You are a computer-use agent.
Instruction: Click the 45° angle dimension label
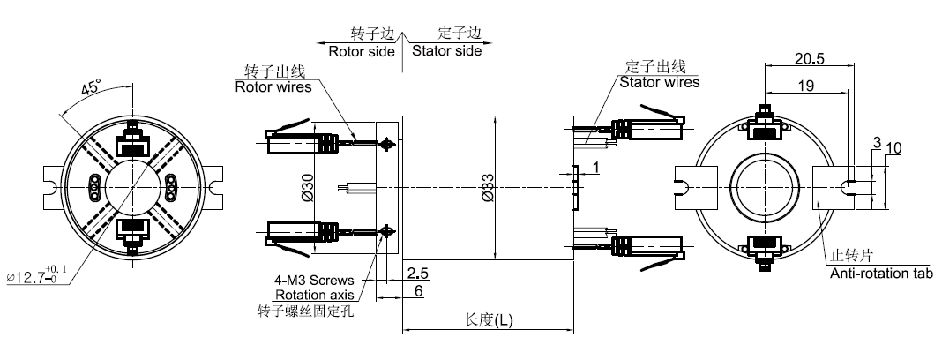(x=90, y=88)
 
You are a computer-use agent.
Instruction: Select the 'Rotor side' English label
(x=362, y=51)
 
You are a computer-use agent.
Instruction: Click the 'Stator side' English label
(x=447, y=51)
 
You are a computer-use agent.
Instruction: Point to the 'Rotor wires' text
(x=273, y=86)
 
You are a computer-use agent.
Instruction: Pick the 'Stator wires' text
(x=659, y=83)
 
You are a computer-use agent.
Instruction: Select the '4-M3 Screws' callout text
(x=313, y=281)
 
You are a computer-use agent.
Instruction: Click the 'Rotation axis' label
(x=315, y=295)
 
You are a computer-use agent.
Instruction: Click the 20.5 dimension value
(x=808, y=60)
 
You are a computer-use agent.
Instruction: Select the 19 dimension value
(x=804, y=86)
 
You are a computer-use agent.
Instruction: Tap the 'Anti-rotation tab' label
(x=881, y=274)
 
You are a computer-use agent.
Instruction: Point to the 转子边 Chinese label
(x=370, y=34)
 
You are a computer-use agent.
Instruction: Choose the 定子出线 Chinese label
(x=654, y=68)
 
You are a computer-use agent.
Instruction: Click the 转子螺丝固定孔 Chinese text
(x=304, y=311)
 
